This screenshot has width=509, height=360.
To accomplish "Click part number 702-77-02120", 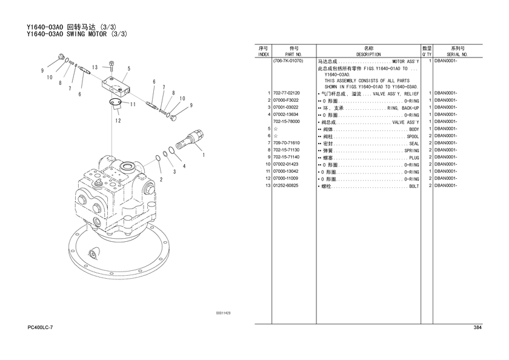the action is click(x=286, y=93).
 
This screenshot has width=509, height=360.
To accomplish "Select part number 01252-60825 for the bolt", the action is click(x=285, y=185).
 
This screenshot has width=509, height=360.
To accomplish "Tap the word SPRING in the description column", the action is click(x=411, y=151).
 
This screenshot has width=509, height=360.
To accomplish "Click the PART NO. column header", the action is click(x=293, y=55).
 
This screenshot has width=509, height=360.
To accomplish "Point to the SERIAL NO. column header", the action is click(x=457, y=55).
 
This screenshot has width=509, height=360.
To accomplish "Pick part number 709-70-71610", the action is click(x=286, y=143).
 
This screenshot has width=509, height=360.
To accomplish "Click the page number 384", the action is click(x=477, y=327).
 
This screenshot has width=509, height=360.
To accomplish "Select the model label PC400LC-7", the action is click(x=40, y=327).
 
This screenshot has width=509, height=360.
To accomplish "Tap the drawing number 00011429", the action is click(x=224, y=313).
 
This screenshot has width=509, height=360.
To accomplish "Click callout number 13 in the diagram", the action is click(x=95, y=67).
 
